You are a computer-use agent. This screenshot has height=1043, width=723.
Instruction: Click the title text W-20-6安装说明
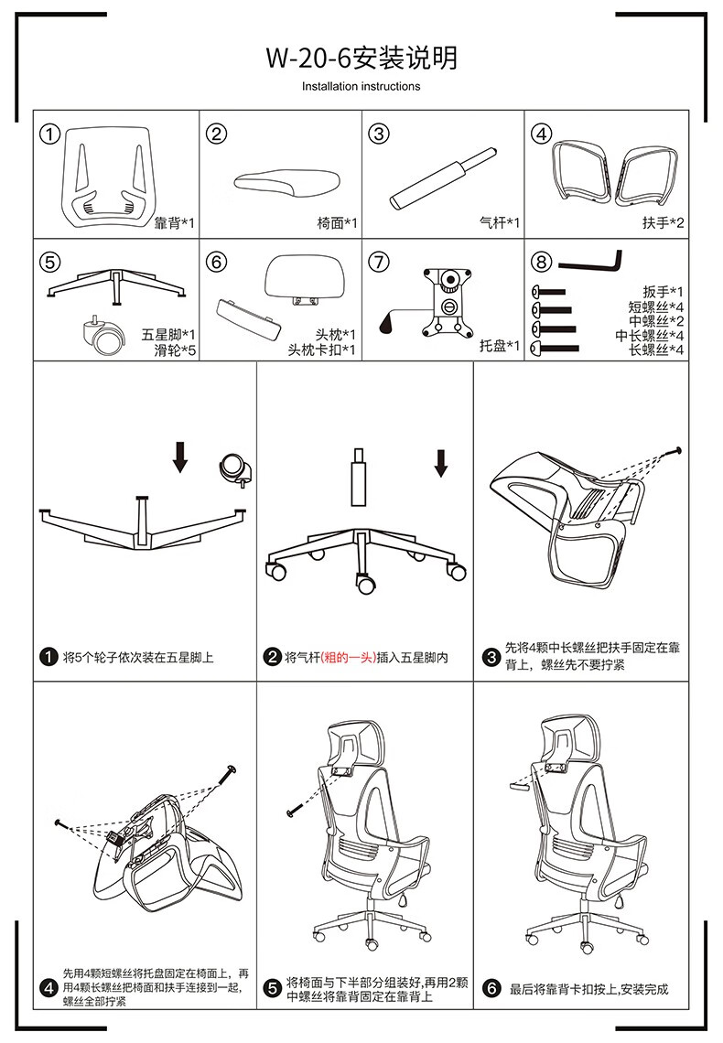point(361,58)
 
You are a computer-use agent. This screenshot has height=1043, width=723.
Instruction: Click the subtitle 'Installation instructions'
point(361,87)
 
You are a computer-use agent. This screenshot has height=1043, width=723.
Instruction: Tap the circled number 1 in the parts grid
point(50,134)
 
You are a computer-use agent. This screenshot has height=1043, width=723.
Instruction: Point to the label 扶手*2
point(663,223)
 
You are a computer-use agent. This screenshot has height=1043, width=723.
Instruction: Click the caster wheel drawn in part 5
point(103,335)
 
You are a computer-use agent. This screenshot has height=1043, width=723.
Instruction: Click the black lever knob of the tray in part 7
point(386,323)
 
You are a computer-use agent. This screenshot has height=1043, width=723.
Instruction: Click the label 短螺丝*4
point(656,307)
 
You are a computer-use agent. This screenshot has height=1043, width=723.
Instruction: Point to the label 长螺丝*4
point(656,349)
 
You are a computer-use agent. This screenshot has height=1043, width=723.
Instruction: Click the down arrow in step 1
point(179,457)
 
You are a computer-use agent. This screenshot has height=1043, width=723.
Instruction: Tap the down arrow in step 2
point(440,464)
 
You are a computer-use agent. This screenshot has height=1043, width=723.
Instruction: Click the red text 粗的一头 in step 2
point(349,658)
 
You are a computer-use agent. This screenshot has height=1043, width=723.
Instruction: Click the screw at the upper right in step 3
point(676,452)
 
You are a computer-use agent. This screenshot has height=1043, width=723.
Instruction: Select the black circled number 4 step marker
point(49,988)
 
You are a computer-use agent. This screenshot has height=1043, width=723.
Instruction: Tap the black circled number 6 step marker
point(491,988)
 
